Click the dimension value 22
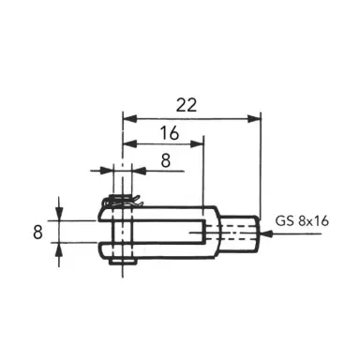click(x=190, y=104)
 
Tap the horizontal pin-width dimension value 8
click(x=166, y=160)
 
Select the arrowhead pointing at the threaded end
click(x=267, y=235)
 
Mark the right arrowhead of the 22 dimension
click(x=254, y=118)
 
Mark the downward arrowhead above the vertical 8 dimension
click(x=59, y=213)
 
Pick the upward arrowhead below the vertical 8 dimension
click(x=59, y=248)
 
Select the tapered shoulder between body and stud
click(x=223, y=232)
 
